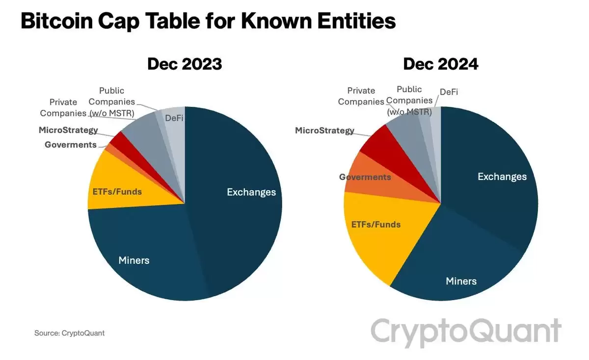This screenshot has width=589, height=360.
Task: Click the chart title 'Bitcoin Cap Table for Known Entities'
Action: tap(208, 22)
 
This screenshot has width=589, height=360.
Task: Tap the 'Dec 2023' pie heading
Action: tap(185, 64)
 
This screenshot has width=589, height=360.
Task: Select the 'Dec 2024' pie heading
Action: tap(440, 64)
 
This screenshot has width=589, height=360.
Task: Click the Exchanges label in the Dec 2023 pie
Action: tap(251, 192)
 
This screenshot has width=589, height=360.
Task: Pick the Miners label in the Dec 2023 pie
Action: tap(134, 260)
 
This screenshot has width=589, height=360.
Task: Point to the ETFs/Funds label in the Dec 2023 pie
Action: tap(117, 191)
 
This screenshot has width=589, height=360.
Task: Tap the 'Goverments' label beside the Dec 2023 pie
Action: tap(70, 145)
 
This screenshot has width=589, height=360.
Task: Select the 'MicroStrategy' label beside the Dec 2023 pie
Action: tap(68, 130)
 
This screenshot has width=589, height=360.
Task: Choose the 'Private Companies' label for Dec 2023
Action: tap(63, 107)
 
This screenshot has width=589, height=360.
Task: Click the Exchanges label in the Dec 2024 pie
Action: tap(502, 177)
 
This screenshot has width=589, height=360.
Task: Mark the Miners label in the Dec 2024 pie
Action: tap(461, 281)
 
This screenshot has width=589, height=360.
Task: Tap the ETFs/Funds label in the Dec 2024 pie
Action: tap(375, 225)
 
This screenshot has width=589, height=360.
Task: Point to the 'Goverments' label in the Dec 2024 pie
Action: tap(365, 177)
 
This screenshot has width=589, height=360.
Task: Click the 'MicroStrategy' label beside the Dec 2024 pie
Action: tap(324, 130)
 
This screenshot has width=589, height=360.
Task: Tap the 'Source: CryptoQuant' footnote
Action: tap(69, 333)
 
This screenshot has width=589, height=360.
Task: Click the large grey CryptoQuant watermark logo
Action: tap(465, 332)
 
